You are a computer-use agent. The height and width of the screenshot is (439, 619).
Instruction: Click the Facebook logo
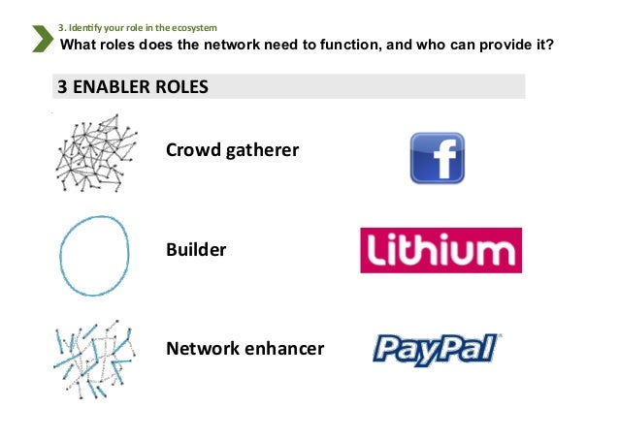pyautogui.click(x=437, y=158)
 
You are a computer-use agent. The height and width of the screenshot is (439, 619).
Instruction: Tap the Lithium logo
pyautogui.click(x=440, y=250)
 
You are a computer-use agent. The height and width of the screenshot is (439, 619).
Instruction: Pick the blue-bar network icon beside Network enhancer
pyautogui.click(x=94, y=355)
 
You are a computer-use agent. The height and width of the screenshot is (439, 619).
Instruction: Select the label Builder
pyautogui.click(x=196, y=250)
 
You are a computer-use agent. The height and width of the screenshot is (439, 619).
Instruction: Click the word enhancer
pyautogui.click(x=282, y=348)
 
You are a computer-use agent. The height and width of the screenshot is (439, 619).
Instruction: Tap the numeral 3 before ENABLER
pyautogui.click(x=61, y=86)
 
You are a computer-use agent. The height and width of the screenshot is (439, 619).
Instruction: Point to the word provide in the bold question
pyautogui.click(x=502, y=45)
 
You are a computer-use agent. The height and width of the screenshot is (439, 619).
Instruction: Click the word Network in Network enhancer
pyautogui.click(x=202, y=348)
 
